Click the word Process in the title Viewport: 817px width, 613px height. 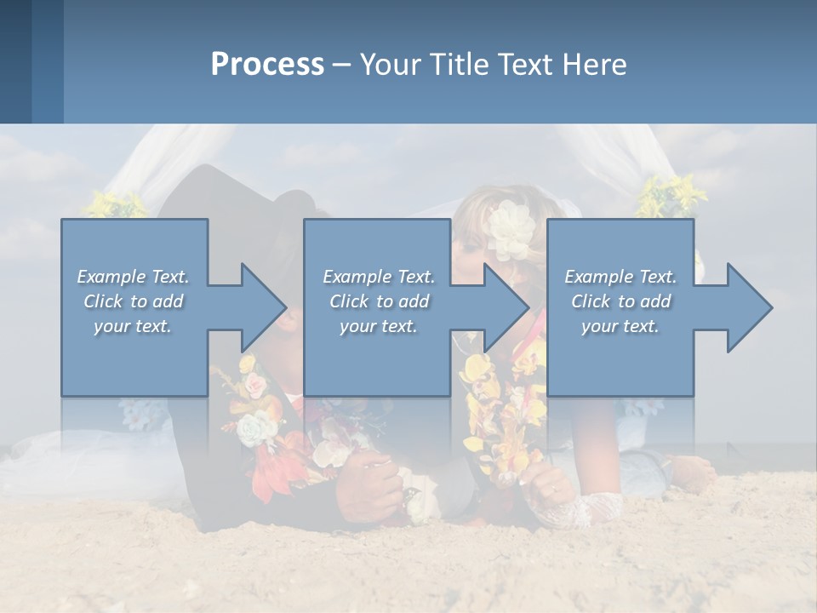[x=267, y=65]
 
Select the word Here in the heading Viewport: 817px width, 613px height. [x=595, y=65]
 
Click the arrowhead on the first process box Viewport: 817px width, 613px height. [x=265, y=307]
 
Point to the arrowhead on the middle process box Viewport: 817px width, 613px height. [x=507, y=307]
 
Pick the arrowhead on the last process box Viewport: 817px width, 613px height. [x=750, y=307]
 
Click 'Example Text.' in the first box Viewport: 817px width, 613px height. [x=134, y=277]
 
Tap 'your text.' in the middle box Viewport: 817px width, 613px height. [x=378, y=326]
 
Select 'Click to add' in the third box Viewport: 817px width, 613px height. [x=620, y=301]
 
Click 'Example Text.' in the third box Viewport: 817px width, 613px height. [x=620, y=277]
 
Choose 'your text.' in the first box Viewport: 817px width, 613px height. [x=134, y=326]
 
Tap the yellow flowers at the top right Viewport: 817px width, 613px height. [x=672, y=196]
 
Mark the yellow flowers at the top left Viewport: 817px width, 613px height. [x=115, y=204]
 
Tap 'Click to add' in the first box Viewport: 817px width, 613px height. [x=134, y=301]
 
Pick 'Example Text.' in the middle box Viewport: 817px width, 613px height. [x=378, y=277]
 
